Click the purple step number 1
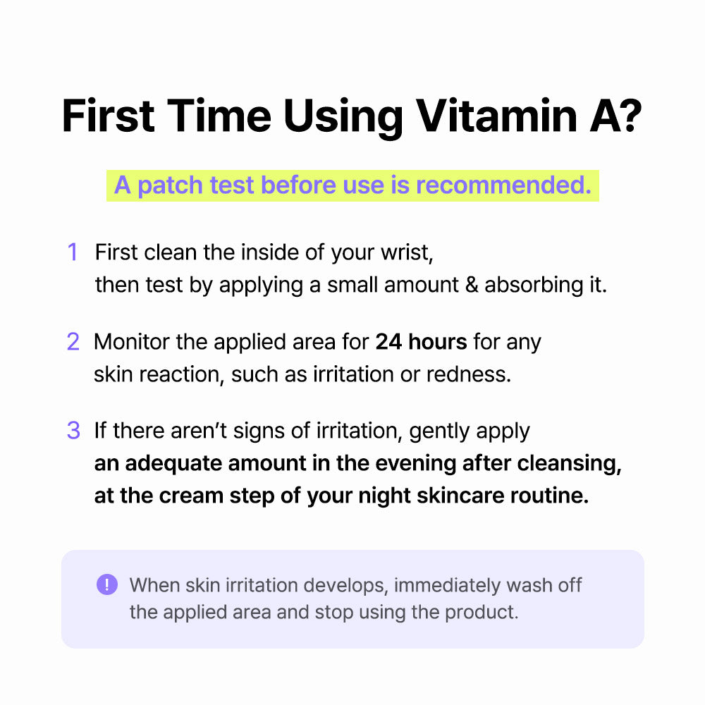(72, 252)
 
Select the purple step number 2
(73, 342)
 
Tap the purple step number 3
(73, 431)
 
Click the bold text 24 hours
(421, 342)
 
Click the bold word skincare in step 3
(460, 496)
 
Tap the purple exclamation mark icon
(107, 584)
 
